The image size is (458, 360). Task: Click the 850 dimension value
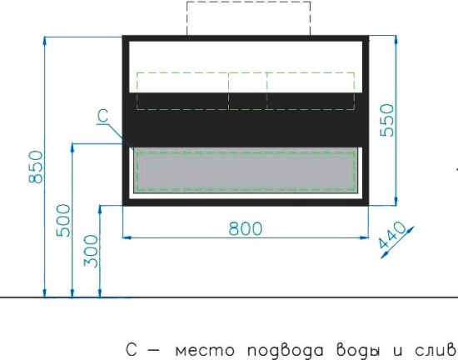pyautogui.click(x=36, y=167)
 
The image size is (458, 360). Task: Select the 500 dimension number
pyautogui.click(x=63, y=220)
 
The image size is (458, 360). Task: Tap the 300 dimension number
pyautogui.click(x=91, y=252)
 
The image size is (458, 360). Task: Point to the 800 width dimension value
pyautogui.click(x=246, y=228)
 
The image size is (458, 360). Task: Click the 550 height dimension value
pyautogui.click(x=387, y=120)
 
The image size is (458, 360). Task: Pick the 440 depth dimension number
pyautogui.click(x=392, y=236)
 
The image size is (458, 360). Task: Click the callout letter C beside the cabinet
pyautogui.click(x=102, y=116)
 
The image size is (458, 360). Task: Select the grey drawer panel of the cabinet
pyautogui.click(x=246, y=170)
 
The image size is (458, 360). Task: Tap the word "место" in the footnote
pyautogui.click(x=205, y=350)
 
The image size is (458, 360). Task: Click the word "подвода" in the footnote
pyautogui.click(x=286, y=350)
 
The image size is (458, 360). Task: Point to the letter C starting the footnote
pyautogui.click(x=132, y=349)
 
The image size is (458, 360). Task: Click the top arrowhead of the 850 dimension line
pyautogui.click(x=44, y=40)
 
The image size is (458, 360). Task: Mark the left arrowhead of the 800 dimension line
pyautogui.click(x=127, y=237)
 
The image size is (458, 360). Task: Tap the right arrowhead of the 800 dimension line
pyautogui.click(x=365, y=237)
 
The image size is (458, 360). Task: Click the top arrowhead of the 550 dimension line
pyautogui.click(x=396, y=39)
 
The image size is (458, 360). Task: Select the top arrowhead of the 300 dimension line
pyautogui.click(x=100, y=209)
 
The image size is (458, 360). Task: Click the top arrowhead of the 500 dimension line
pyautogui.click(x=72, y=147)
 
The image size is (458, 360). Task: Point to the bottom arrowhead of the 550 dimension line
pyautogui.click(x=396, y=202)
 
